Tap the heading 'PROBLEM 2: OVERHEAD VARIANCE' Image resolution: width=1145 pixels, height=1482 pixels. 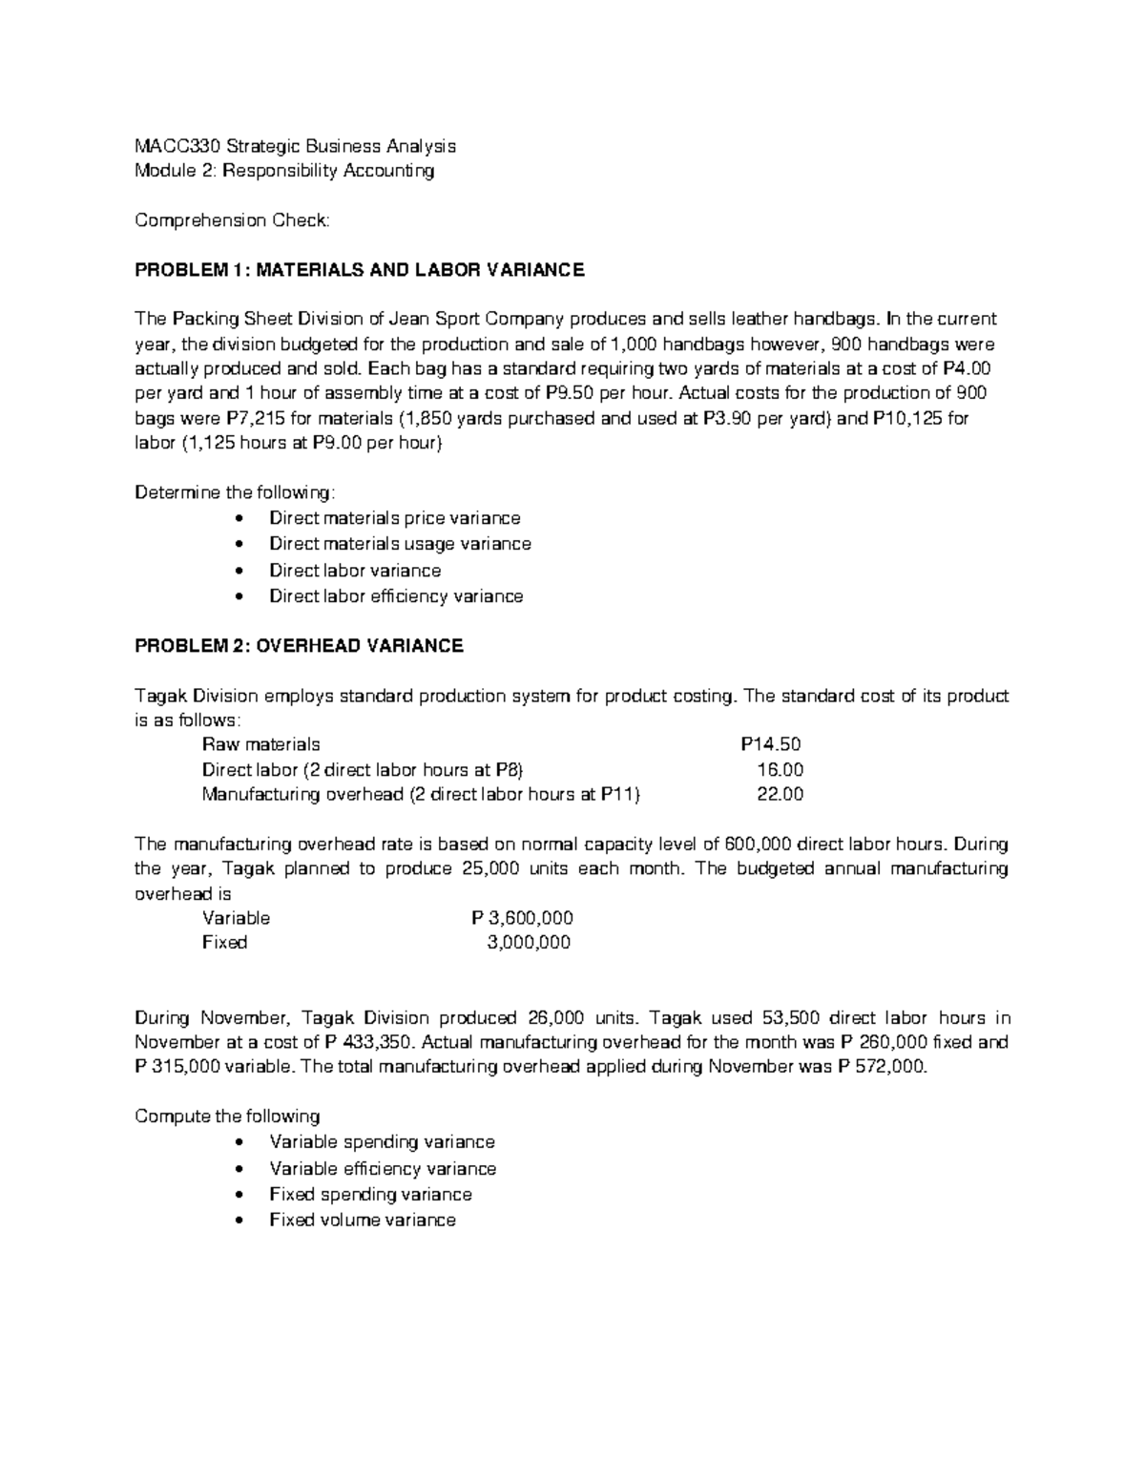(299, 646)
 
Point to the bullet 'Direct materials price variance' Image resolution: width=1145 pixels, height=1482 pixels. (394, 518)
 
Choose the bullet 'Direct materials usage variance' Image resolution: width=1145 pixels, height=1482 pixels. (400, 544)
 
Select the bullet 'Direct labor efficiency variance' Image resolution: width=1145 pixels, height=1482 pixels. (396, 596)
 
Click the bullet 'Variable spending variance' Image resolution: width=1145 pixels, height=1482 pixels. (382, 1142)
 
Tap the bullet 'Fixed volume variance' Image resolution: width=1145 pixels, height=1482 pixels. (363, 1220)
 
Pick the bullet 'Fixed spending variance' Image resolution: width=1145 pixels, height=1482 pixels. (370, 1194)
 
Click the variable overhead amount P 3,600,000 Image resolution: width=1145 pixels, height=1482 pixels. (522, 918)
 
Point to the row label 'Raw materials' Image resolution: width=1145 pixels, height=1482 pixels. (260, 744)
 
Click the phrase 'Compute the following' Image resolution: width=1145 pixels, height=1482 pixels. (227, 1117)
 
